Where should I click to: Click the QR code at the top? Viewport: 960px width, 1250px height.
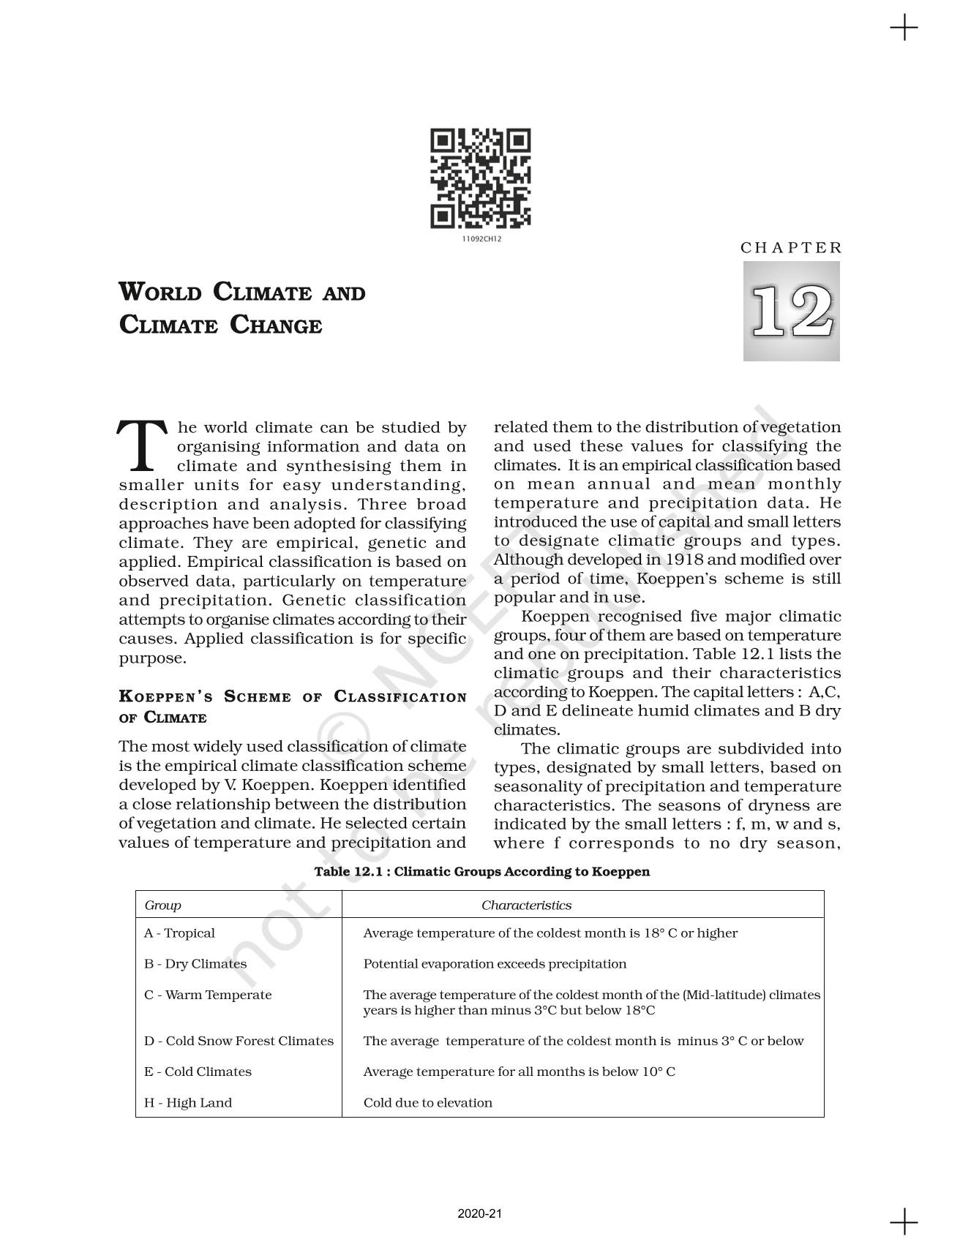pyautogui.click(x=480, y=178)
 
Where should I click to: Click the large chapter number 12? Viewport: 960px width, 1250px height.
pyautogui.click(x=791, y=311)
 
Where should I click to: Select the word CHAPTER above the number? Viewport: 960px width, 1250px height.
pyautogui.click(x=791, y=247)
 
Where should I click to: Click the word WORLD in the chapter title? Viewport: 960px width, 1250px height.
pyautogui.click(x=160, y=292)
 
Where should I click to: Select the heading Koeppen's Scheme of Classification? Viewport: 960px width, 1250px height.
pyautogui.click(x=292, y=697)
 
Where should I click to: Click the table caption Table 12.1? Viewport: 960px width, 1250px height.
pyautogui.click(x=481, y=871)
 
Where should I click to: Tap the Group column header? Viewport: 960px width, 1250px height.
pyautogui.click(x=162, y=905)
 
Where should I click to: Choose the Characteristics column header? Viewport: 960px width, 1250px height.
pyautogui.click(x=526, y=905)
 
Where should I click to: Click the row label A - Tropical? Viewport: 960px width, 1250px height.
pyautogui.click(x=179, y=933)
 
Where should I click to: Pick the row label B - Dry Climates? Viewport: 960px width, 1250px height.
pyautogui.click(x=195, y=964)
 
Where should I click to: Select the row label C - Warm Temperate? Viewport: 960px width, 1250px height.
pyautogui.click(x=208, y=995)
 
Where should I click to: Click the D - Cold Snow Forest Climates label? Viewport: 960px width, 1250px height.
pyautogui.click(x=239, y=1041)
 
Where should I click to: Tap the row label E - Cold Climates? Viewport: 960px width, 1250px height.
pyautogui.click(x=198, y=1072)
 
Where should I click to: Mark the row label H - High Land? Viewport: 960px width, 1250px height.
pyautogui.click(x=188, y=1102)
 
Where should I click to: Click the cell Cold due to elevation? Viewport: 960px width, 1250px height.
pyautogui.click(x=427, y=1102)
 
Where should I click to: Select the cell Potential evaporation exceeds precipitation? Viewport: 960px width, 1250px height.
pyautogui.click(x=495, y=964)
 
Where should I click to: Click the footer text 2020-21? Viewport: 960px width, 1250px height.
pyautogui.click(x=480, y=1214)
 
